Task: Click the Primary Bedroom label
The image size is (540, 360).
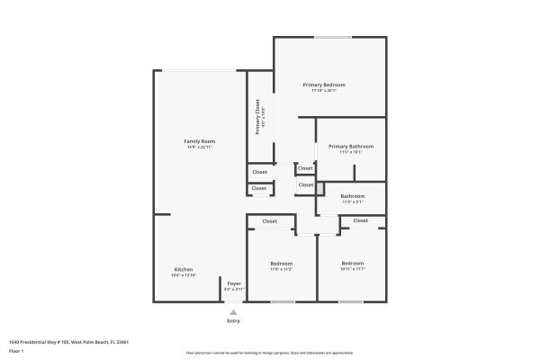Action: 323,85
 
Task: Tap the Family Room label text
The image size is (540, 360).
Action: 200,141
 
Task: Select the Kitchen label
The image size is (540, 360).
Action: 184,270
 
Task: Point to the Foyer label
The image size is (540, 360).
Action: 234,283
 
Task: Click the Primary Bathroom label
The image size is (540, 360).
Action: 351,146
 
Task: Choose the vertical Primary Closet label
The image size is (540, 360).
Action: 257,118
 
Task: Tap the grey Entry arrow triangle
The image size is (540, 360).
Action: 234,312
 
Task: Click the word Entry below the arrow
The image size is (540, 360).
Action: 234,321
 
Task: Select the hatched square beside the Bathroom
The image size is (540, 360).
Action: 319,187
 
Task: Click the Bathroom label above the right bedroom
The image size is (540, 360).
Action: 352,196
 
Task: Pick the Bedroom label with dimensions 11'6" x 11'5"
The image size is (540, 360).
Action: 282,263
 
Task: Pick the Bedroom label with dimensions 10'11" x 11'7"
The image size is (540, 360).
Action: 352,263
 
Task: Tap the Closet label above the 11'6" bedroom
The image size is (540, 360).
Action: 270,220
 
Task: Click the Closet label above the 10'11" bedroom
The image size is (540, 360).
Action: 360,220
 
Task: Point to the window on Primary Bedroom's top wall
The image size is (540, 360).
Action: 332,37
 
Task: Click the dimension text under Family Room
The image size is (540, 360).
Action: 200,148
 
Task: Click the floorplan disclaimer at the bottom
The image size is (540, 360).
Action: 269,353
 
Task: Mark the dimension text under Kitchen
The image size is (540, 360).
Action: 184,275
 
